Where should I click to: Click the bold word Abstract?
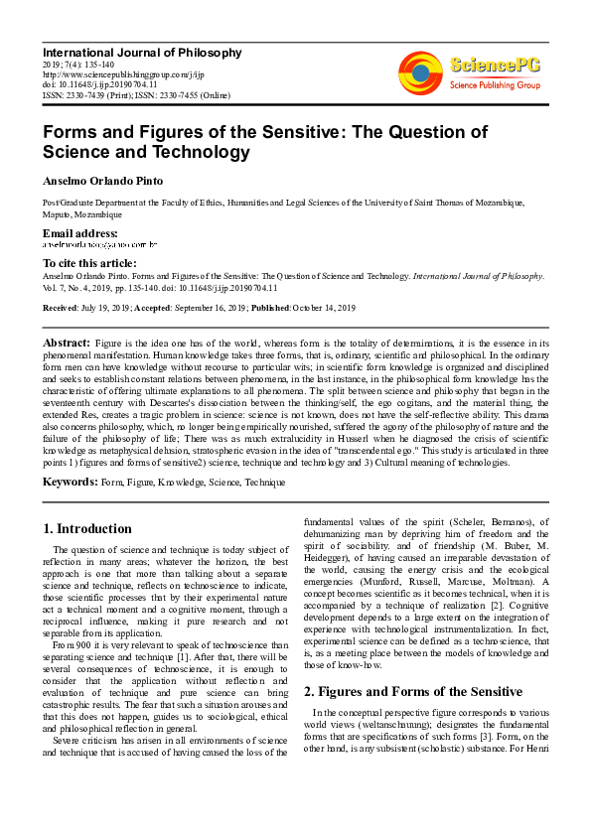67,342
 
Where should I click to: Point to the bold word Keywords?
69,482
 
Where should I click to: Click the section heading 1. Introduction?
87,529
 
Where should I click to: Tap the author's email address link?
99,244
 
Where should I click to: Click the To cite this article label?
89,262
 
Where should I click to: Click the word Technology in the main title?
197,152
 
